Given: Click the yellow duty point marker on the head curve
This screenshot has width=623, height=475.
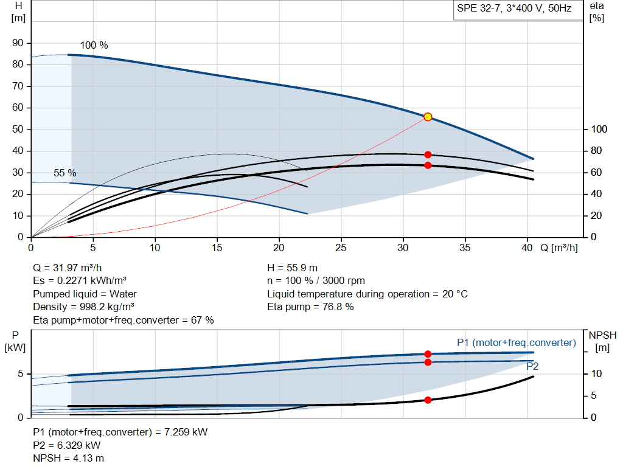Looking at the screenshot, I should click(x=428, y=117).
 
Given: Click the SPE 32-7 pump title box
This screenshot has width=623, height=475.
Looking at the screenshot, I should click(x=514, y=10).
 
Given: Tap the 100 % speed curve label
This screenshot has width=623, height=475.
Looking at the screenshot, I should click(x=94, y=46).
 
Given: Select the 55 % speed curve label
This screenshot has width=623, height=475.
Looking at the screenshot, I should click(x=65, y=173).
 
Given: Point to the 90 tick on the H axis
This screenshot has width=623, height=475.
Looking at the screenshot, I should click(x=18, y=43).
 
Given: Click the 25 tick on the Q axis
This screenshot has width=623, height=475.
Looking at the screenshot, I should click(x=341, y=248).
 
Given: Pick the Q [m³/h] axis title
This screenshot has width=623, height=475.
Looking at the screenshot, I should click(x=559, y=248).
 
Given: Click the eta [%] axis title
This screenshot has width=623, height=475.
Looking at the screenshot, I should click(x=596, y=12).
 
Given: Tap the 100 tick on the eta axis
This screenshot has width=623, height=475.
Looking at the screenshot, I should click(x=599, y=130).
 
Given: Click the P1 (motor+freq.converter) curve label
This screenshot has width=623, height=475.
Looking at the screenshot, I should click(x=516, y=343).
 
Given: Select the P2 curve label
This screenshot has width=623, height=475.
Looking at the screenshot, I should click(x=532, y=366).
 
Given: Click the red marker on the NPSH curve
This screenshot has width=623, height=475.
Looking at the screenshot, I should click(x=428, y=400).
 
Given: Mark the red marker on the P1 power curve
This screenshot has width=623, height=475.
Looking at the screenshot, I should click(x=428, y=354).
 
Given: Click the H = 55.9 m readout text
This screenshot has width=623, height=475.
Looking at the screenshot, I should click(x=293, y=268).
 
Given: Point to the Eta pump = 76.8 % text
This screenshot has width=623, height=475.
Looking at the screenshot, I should click(x=310, y=307).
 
